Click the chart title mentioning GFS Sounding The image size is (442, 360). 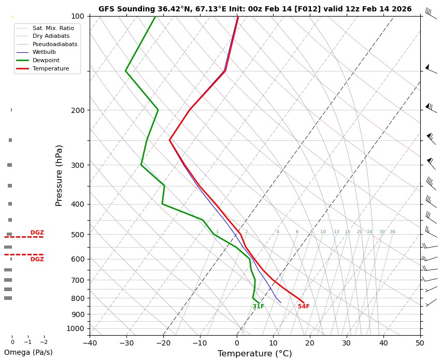(x=254, y=9)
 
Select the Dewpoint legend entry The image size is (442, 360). (x=44, y=60)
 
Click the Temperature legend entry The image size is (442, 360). (x=50, y=68)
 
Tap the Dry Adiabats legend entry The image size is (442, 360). (x=50, y=36)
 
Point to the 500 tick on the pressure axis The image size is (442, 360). (x=77, y=235)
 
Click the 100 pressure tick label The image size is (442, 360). (x=77, y=16)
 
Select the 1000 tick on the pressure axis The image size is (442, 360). (x=75, y=328)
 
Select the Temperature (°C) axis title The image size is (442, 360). (x=254, y=353)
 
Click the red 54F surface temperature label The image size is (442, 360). (x=304, y=307)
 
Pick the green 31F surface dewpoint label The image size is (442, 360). (x=259, y=307)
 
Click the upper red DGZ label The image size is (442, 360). (x=37, y=233)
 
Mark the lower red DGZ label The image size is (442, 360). (x=37, y=259)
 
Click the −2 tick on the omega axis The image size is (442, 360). (x=44, y=342)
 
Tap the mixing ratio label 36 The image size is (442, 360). (x=392, y=232)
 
